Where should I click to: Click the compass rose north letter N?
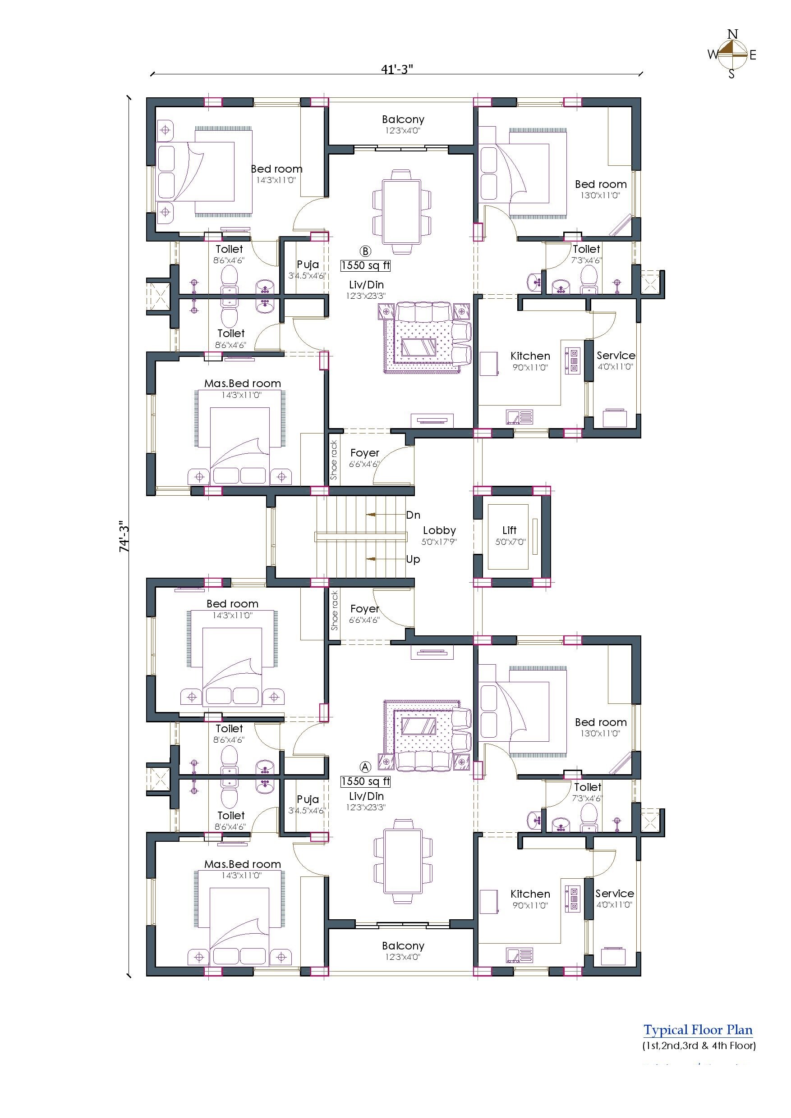tap(732, 34)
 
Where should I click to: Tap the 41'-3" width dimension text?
tap(397, 69)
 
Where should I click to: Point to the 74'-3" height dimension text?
tap(124, 538)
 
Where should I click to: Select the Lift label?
tap(509, 530)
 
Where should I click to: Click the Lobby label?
tap(439, 530)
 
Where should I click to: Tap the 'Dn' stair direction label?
tap(413, 515)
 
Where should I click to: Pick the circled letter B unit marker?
tap(365, 251)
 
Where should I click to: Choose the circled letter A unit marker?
tap(365, 767)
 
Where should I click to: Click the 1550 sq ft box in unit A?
tap(366, 781)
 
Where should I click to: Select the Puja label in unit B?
tap(308, 265)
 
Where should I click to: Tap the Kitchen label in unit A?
tap(530, 894)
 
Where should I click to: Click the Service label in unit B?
tap(616, 356)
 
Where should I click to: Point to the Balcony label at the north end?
tap(403, 119)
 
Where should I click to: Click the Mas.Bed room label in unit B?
tap(242, 383)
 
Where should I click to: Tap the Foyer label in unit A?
tap(364, 609)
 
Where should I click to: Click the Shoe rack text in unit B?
tap(334, 460)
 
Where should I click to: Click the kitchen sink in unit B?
tap(520, 417)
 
